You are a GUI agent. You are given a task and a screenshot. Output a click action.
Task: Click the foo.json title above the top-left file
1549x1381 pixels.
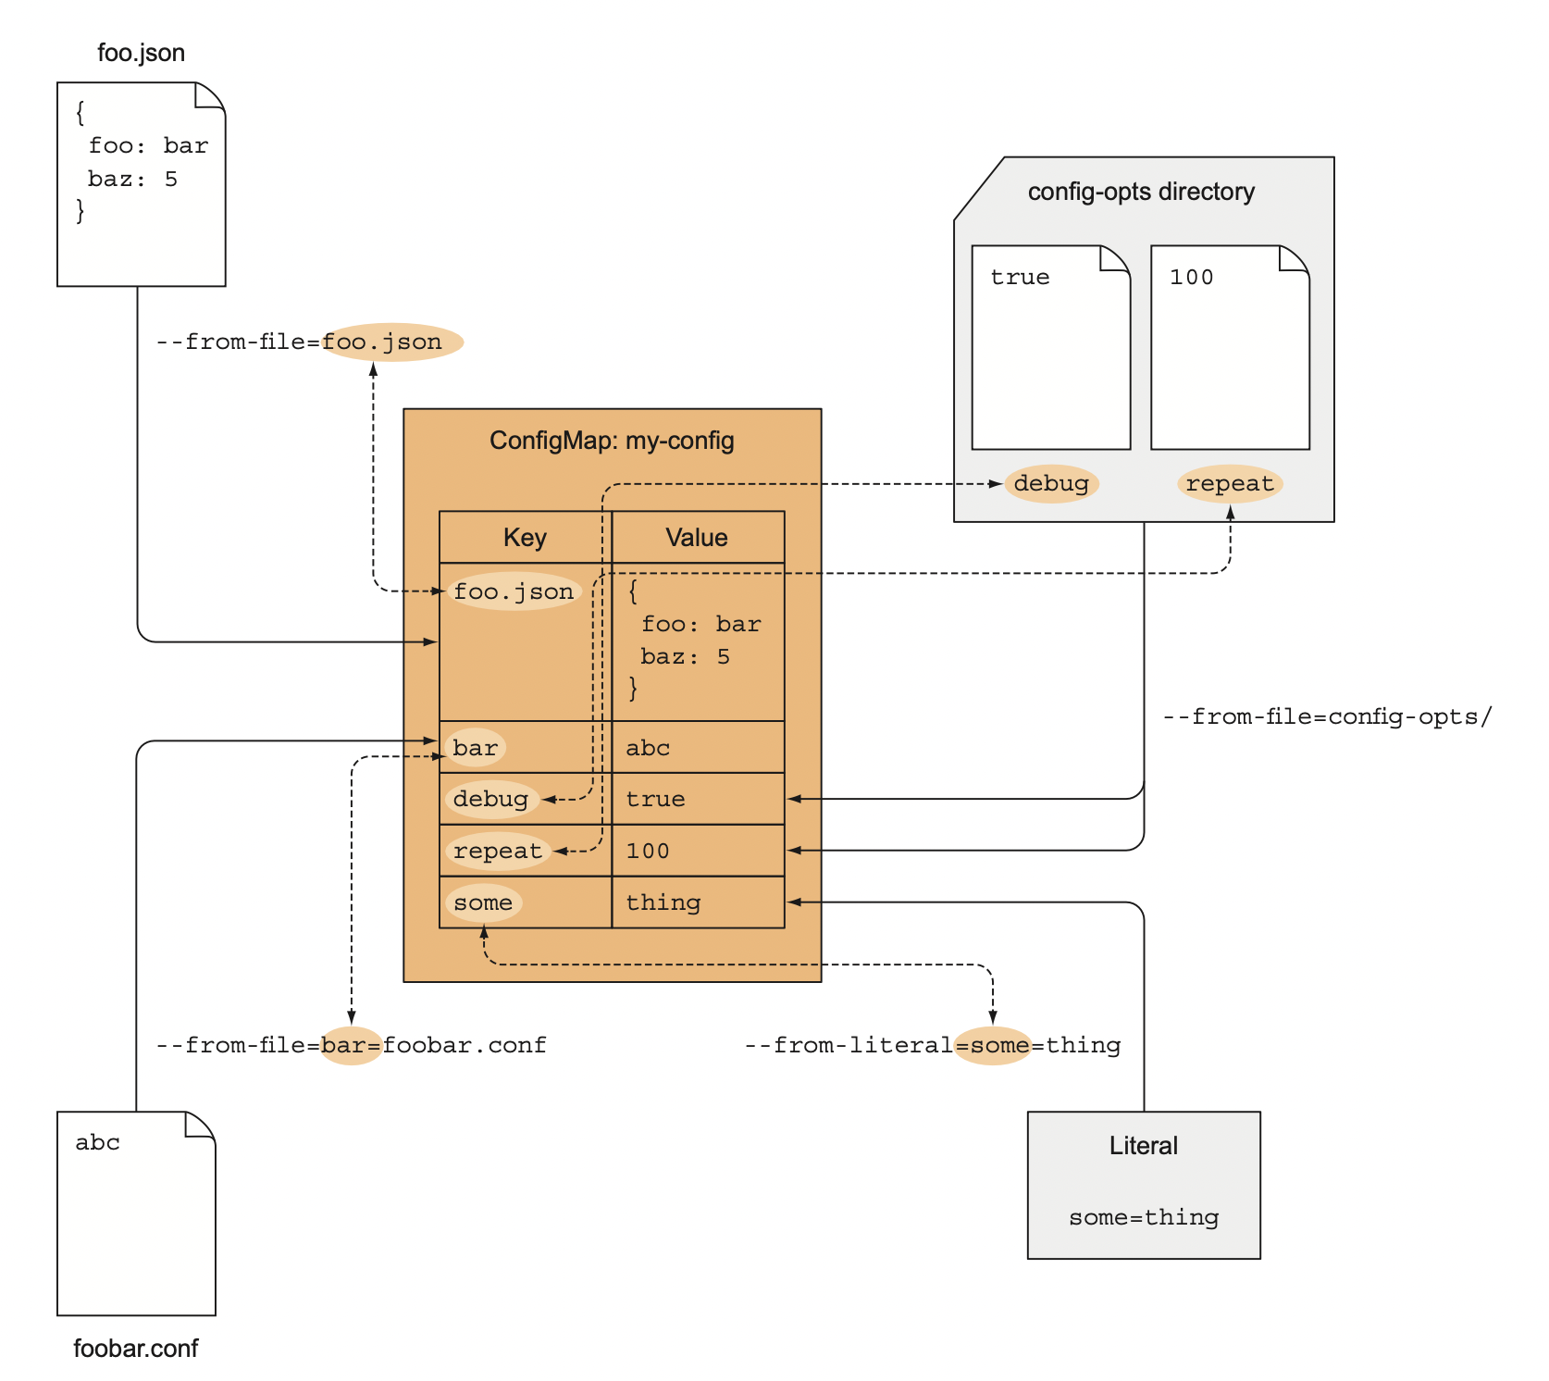click(141, 53)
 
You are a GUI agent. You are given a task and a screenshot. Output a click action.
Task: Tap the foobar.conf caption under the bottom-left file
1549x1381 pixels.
click(135, 1348)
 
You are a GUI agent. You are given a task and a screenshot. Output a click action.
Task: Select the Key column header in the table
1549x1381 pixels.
click(525, 538)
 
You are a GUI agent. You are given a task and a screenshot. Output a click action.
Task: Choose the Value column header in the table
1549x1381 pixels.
click(697, 538)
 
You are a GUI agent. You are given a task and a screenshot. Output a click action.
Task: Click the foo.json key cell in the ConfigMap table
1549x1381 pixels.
click(514, 591)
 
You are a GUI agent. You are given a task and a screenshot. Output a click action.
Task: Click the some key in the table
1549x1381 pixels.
click(483, 902)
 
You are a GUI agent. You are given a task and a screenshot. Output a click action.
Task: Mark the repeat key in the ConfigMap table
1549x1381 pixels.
click(497, 851)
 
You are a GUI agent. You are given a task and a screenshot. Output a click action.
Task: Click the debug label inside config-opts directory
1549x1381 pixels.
click(1051, 483)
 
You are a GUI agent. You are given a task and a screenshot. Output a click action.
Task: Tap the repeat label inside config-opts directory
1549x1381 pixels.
click(1230, 483)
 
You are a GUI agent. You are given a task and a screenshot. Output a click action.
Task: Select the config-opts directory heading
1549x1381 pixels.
click(1141, 192)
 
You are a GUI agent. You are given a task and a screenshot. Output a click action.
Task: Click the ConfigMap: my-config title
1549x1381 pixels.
click(612, 440)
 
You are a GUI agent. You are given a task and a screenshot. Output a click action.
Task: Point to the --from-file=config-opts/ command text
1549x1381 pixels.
click(1327, 716)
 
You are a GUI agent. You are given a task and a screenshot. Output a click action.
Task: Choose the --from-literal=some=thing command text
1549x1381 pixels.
click(933, 1045)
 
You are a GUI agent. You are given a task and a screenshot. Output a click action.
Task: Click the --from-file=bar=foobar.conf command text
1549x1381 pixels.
click(352, 1045)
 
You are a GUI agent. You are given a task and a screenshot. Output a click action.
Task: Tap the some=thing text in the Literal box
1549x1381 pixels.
click(1144, 1217)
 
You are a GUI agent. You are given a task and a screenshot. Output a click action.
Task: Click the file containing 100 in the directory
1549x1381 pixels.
click(1230, 347)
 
